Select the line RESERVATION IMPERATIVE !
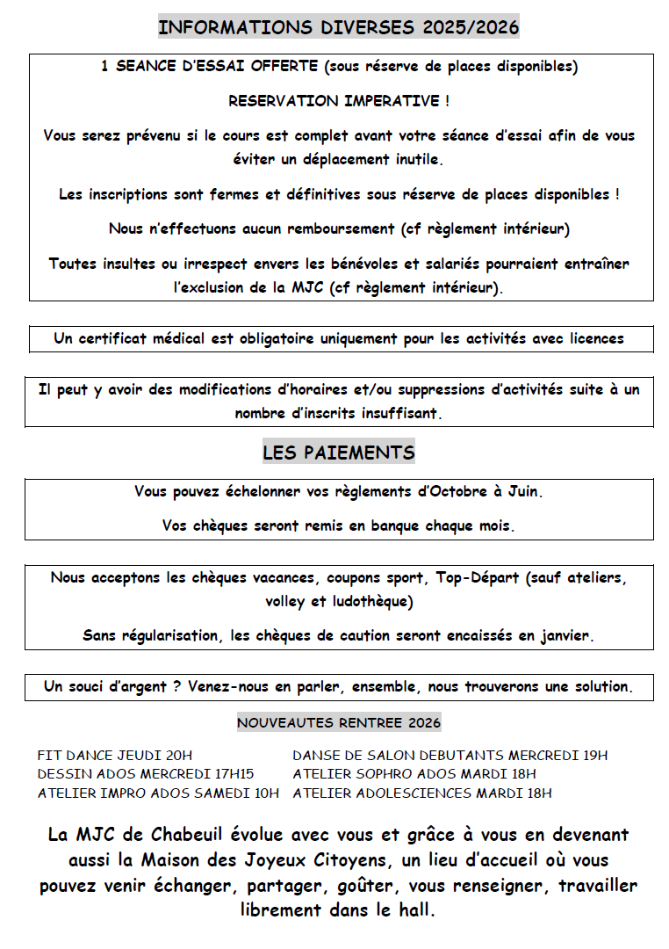point(339,101)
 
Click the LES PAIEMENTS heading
point(339,453)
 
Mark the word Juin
point(523,491)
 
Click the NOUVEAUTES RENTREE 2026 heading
point(339,723)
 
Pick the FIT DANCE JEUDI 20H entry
point(115,755)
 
